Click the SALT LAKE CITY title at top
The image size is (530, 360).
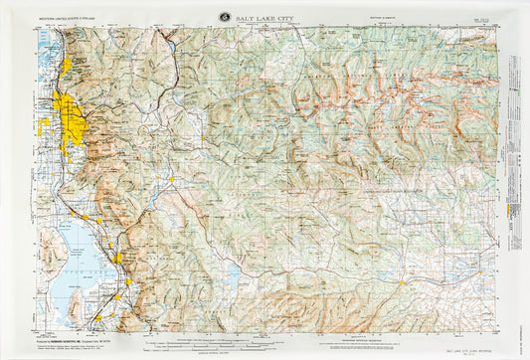(x=265, y=17)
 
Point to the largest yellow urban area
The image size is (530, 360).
(x=73, y=120)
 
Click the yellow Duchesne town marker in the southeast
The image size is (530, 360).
(x=402, y=283)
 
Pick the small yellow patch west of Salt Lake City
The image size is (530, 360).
(x=44, y=125)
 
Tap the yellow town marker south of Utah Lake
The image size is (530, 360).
(x=97, y=318)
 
